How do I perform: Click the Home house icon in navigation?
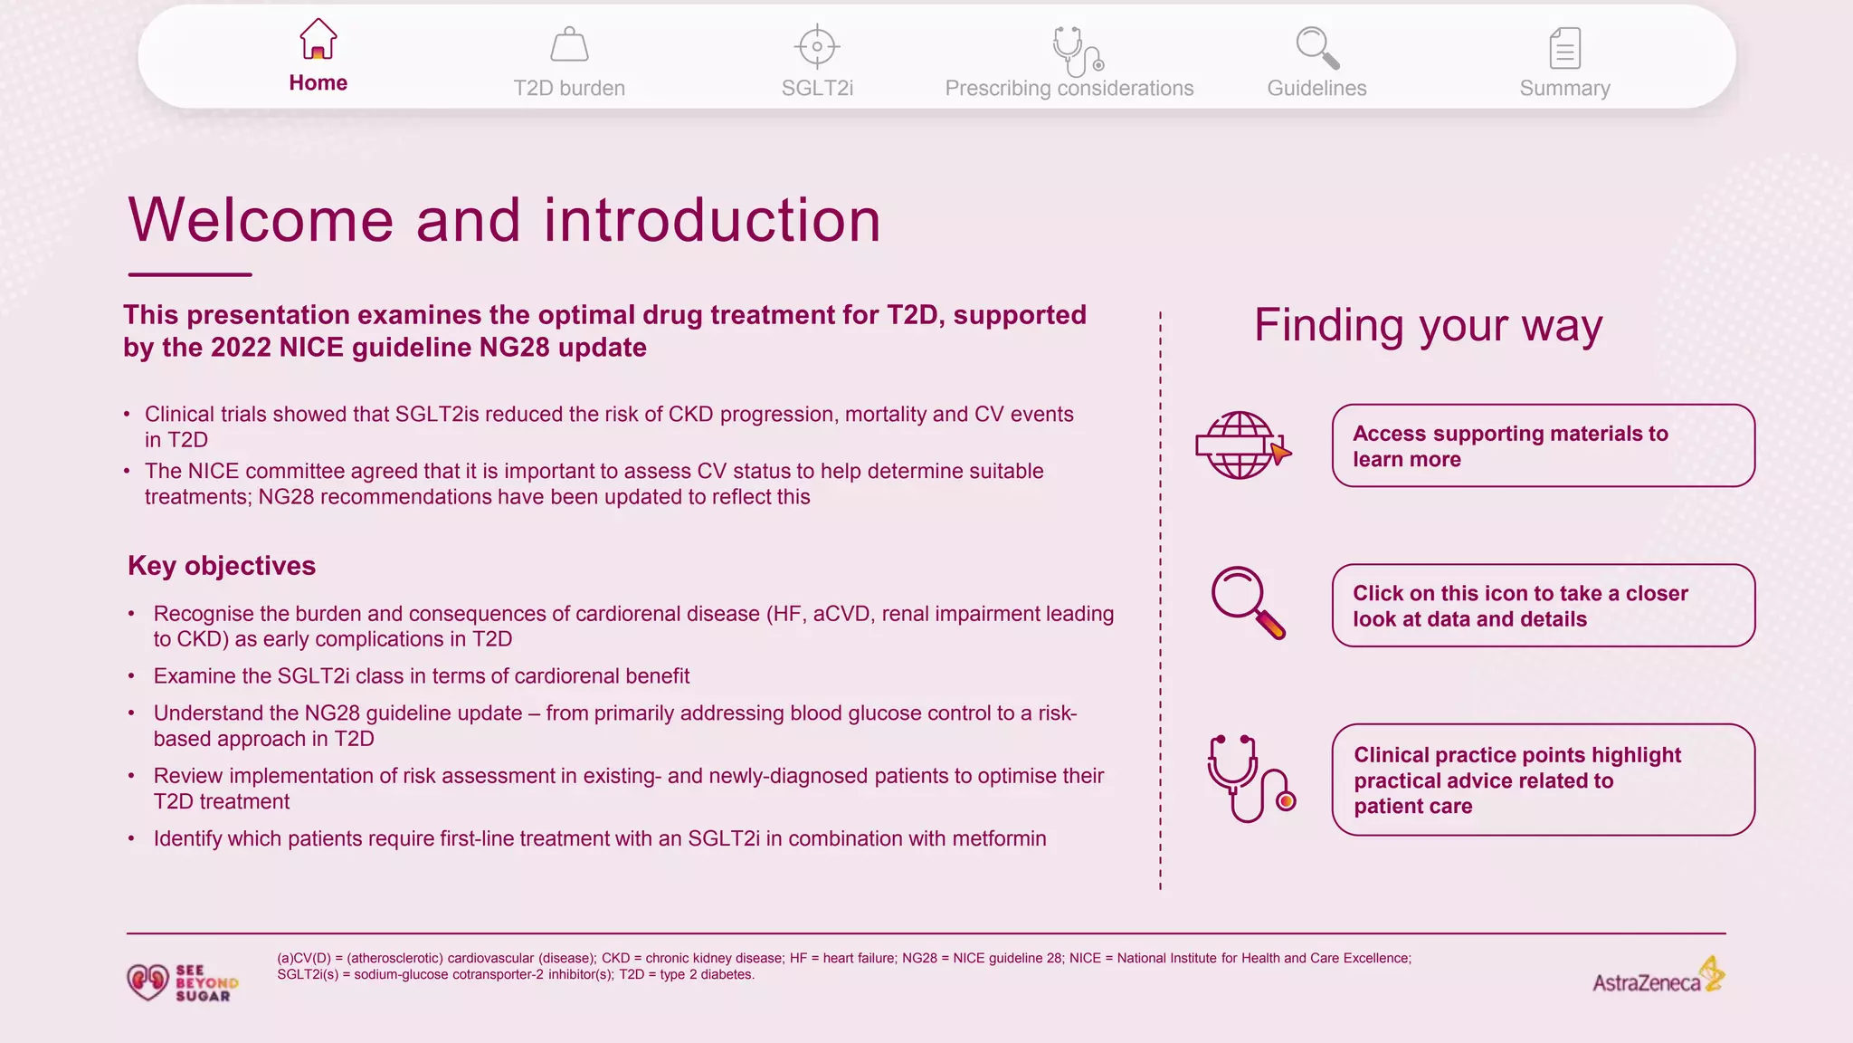pos(318,40)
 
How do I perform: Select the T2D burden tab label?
pos(569,88)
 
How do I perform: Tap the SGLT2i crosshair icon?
pos(817,46)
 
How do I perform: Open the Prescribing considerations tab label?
pos(1069,88)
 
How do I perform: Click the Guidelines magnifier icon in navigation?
pos(1316,47)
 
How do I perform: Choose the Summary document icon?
pos(1564,48)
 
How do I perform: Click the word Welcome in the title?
pos(261,220)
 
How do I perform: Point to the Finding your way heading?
pos(1428,325)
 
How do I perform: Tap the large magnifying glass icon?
pos(1247,602)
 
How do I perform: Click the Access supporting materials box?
pos(1543,445)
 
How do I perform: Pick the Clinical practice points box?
pos(1543,780)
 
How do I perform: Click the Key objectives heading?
pos(222,566)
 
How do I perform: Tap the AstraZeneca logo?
pos(1658,976)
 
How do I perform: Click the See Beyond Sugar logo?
pos(183,982)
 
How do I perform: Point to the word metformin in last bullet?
pos(999,838)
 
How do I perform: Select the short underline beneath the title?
pos(190,274)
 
